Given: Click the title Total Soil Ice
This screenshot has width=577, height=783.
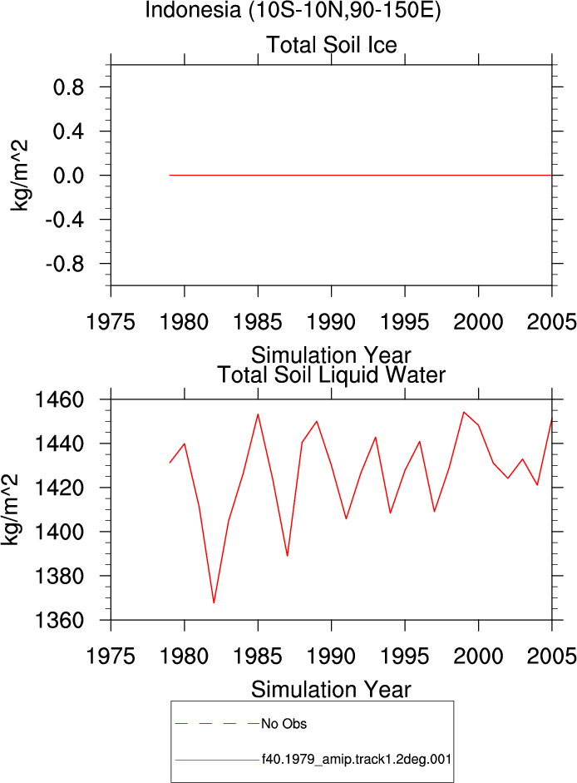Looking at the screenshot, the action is point(332,45).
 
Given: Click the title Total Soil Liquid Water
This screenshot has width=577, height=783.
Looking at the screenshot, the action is point(332,375).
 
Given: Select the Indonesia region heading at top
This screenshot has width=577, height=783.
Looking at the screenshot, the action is point(293,10).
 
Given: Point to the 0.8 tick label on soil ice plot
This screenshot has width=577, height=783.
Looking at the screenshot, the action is point(68,87).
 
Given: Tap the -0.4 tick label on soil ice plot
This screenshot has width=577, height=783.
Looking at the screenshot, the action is point(65,220).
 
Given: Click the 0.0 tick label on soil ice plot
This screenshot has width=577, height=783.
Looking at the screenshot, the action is point(68,176).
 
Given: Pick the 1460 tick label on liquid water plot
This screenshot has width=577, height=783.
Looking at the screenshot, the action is point(59,400).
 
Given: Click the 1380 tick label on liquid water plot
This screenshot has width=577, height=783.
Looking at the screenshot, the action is point(59,577).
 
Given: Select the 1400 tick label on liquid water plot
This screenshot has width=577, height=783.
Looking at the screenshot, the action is point(59,533).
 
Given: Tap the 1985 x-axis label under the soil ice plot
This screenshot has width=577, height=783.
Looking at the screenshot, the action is point(258,322).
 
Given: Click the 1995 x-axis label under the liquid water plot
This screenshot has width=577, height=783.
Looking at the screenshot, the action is point(405,657).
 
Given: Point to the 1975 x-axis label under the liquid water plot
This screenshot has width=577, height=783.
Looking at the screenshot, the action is point(111,657).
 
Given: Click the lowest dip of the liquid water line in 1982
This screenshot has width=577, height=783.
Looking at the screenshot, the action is point(214,602).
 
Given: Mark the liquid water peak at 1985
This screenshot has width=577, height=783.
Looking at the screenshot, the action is point(258,414).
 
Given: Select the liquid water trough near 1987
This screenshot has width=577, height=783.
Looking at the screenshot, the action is point(288,556).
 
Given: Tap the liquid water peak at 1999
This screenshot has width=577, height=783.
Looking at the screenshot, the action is point(464,412).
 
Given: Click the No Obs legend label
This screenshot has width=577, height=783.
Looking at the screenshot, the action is point(284,724).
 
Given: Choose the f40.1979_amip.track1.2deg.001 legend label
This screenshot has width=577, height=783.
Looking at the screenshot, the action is point(357,760).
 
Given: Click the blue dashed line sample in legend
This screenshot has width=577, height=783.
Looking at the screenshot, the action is point(218,723).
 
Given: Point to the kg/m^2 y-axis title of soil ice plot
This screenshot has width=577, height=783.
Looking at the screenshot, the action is point(19,176).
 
